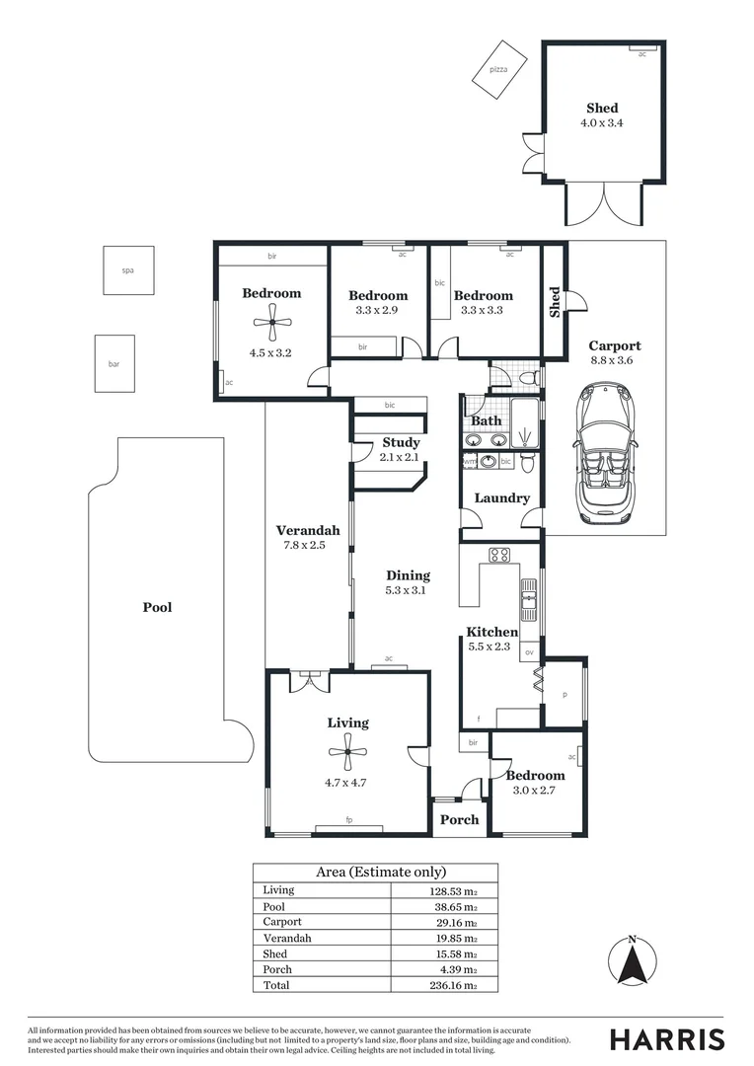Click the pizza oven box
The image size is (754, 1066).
click(499, 69)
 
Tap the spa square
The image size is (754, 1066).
click(128, 269)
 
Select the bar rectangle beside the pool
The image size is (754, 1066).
click(114, 364)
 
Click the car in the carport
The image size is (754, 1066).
click(603, 453)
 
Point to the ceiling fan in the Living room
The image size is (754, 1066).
click(347, 757)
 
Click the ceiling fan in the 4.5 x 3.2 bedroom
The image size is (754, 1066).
click(271, 321)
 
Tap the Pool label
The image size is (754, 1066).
click(157, 607)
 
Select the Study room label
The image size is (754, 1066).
click(401, 442)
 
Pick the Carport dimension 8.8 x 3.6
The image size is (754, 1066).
click(615, 360)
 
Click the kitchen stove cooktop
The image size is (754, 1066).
click(499, 555)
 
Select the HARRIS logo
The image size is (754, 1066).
click(666, 1039)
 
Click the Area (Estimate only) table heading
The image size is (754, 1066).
click(380, 872)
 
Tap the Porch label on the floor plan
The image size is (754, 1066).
click(459, 819)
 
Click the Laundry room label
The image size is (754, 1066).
click(501, 498)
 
